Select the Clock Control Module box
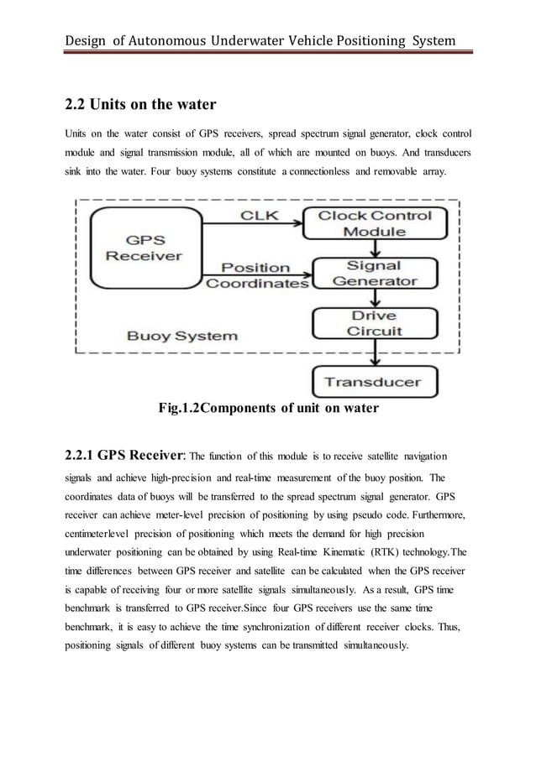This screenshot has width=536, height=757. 374,223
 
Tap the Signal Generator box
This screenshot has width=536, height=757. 374,273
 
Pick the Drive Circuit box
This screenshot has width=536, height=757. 374,323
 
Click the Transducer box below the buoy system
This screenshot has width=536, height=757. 374,382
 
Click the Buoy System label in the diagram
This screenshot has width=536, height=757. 181,336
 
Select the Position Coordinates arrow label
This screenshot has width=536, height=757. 258,276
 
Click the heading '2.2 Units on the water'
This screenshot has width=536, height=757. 140,105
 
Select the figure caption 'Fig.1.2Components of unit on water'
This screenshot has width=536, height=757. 268,409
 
